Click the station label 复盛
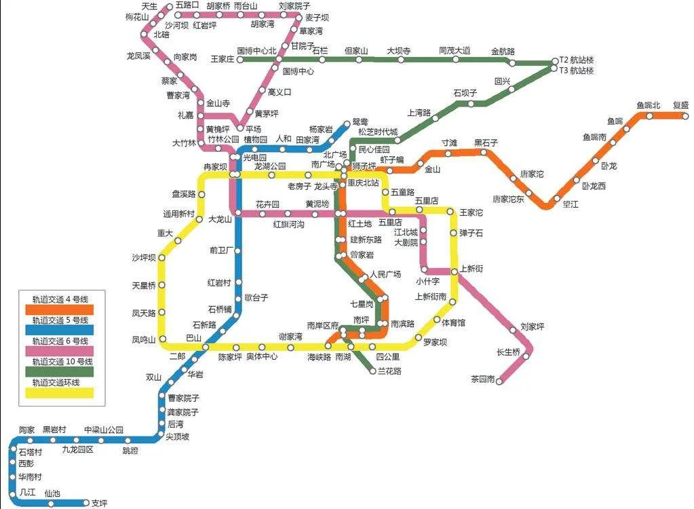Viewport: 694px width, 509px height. tap(680, 105)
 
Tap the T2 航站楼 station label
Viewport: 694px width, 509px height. tap(577, 60)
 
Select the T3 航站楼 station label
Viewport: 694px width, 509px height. tap(577, 70)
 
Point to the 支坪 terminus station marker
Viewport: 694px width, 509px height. tap(86, 502)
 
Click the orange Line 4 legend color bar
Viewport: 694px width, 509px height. tap(62, 309)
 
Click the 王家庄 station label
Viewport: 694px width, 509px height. tap(223, 59)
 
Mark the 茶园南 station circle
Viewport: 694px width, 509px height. tap(499, 381)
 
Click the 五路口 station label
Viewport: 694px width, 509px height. tap(187, 5)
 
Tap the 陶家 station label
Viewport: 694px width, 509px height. tap(26, 430)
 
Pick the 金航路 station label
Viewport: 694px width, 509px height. tap(503, 52)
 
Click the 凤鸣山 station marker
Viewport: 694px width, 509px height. tap(163, 339)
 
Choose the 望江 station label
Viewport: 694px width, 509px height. tap(571, 204)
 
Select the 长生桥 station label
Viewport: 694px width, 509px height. tap(508, 352)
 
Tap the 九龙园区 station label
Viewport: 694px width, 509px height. tap(77, 449)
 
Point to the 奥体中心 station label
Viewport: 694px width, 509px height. tap(261, 356)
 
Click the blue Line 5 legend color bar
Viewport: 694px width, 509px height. tap(62, 331)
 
